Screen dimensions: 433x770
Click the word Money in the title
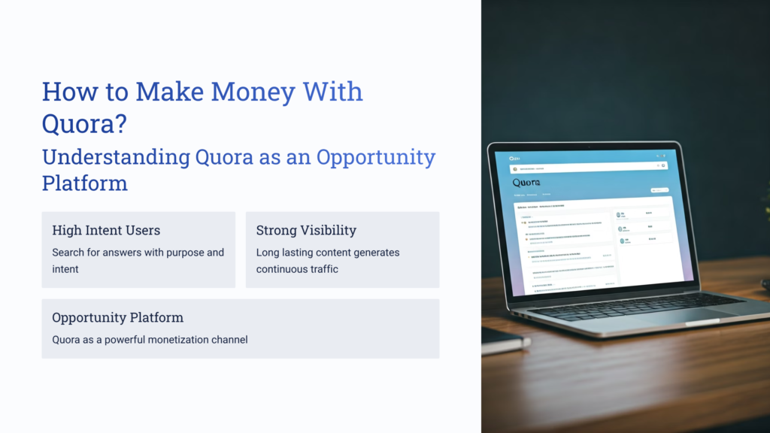pos(253,92)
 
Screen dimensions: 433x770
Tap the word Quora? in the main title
pos(83,124)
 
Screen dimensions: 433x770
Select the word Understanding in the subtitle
pos(115,157)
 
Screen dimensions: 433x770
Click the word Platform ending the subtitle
pos(84,183)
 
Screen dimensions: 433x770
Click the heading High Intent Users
pos(106,230)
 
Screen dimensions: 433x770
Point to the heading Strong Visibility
pos(306,230)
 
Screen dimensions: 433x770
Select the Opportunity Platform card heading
pos(117,317)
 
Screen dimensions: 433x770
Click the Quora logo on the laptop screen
pos(527,183)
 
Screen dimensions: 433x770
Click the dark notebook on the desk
pos(502,340)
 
